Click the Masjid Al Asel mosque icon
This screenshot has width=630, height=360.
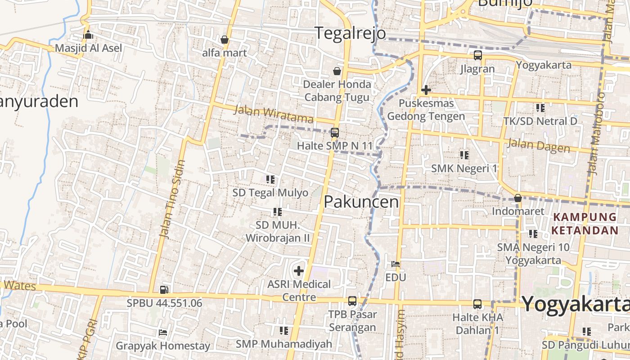[88, 35]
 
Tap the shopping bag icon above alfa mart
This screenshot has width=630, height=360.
[225, 40]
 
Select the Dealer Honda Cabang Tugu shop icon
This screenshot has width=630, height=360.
[337, 71]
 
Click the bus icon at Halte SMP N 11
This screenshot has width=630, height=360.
[334, 133]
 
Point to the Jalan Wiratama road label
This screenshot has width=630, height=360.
[274, 114]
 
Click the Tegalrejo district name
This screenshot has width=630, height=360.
[350, 33]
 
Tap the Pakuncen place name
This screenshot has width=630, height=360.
[361, 202]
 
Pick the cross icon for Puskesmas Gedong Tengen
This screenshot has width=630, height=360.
[426, 90]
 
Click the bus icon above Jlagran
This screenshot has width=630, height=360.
[477, 56]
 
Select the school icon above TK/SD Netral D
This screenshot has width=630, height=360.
[540, 108]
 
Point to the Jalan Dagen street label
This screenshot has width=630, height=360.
[539, 146]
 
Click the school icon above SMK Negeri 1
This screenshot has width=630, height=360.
[464, 155]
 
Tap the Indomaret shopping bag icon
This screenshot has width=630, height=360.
[517, 198]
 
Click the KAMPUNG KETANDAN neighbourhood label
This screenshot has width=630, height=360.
[585, 224]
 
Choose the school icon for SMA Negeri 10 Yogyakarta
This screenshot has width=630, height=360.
[533, 234]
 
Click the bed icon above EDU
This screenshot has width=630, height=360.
[396, 264]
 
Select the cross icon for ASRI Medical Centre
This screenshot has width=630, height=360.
[298, 271]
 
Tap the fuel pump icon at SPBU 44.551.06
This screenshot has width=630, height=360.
[164, 290]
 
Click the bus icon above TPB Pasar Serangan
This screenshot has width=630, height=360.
[352, 301]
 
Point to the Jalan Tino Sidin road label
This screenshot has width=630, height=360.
[172, 199]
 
